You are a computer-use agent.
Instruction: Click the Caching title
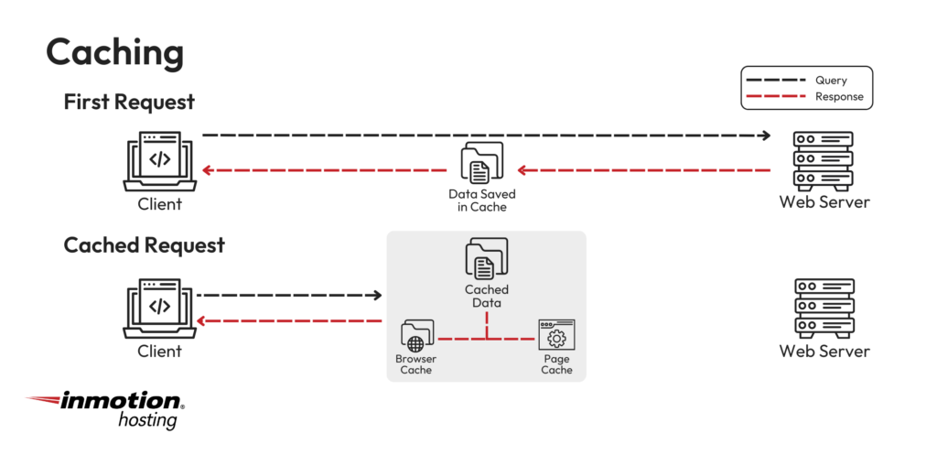pos(114,53)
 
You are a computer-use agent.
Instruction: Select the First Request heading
pos(129,102)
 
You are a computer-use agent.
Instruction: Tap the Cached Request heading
pos(144,245)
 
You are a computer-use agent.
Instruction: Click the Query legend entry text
pos(831,81)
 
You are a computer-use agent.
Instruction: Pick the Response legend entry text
pos(839,96)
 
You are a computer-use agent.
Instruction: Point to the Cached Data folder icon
pos(486,258)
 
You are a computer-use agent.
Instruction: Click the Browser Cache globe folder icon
pos(416,337)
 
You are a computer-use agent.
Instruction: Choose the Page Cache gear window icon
pos(556,336)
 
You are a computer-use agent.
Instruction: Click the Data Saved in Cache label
pos(482,200)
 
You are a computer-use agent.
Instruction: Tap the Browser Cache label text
pos(416,364)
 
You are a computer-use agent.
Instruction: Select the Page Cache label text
pos(556,364)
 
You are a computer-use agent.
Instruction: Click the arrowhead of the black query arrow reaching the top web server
pos(764,135)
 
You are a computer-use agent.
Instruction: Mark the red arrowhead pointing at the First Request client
pos(208,170)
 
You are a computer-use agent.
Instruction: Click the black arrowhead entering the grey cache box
pos(376,296)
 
